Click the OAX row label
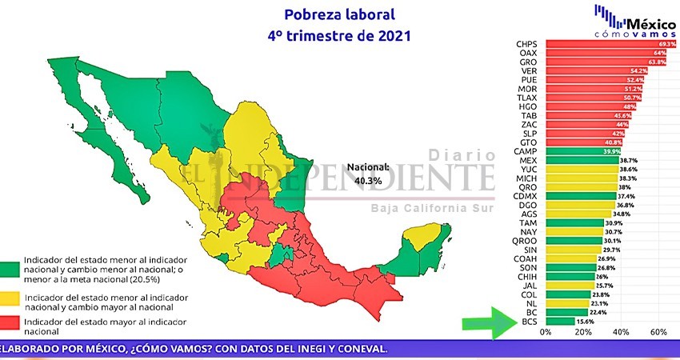pyautogui.click(x=527, y=53)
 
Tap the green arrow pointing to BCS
pyautogui.click(x=489, y=323)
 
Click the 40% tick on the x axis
pyautogui.click(x=620, y=332)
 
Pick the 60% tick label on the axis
pyautogui.click(x=658, y=332)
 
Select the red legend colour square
pyautogui.click(x=10, y=324)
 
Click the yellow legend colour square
pyautogui.click(x=10, y=298)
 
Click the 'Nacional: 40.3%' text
pyautogui.click(x=367, y=174)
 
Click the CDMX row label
pyautogui.click(x=525, y=196)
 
